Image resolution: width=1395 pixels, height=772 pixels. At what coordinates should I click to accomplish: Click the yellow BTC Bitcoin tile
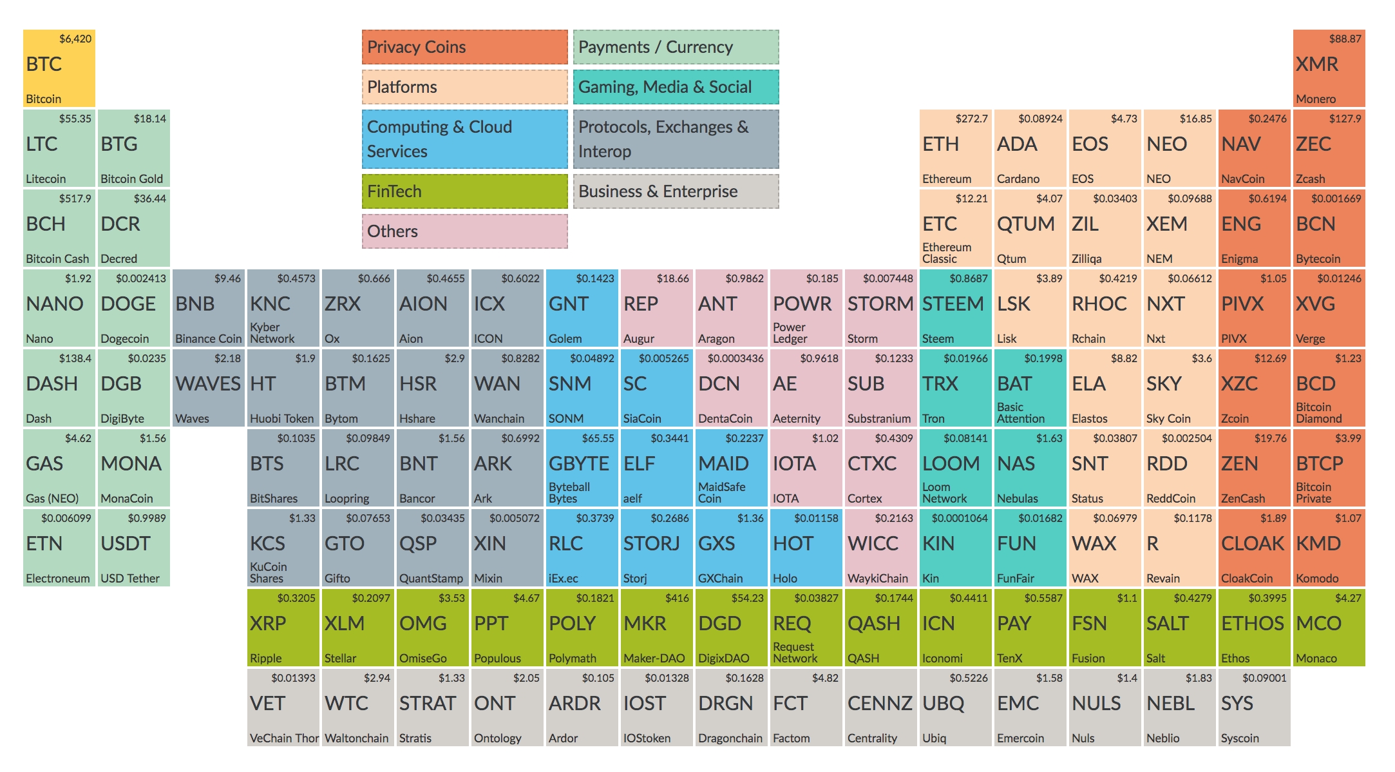[x=59, y=68]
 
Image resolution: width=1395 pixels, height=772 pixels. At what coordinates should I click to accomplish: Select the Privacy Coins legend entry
[x=464, y=47]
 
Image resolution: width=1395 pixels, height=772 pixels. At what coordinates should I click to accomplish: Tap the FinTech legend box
[x=464, y=191]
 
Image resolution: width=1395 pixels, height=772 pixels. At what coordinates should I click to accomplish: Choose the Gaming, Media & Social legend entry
[x=676, y=87]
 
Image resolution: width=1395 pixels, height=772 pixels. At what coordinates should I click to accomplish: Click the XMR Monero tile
[x=1329, y=68]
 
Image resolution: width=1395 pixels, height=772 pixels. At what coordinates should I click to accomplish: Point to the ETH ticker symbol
[x=940, y=144]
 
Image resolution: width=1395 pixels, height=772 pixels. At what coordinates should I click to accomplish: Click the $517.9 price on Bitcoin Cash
[x=75, y=198]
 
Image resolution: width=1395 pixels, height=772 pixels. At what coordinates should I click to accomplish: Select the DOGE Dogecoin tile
[x=134, y=308]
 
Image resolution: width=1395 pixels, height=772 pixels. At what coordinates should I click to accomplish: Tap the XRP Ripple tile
[x=283, y=628]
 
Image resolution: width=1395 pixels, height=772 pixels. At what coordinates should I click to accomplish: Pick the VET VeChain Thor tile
[x=283, y=708]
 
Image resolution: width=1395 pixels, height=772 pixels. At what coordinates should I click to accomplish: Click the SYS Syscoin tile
[x=1254, y=708]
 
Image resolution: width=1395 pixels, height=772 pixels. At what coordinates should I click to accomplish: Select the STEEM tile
[x=956, y=308]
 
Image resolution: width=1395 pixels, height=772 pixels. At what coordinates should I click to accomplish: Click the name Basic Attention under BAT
[x=1021, y=413]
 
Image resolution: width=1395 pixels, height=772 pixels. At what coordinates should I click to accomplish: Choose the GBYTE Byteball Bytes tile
[x=582, y=468]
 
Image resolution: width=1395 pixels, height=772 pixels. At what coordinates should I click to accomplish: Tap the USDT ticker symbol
[x=126, y=544]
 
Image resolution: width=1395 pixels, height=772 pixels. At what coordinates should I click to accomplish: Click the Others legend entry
[x=464, y=231]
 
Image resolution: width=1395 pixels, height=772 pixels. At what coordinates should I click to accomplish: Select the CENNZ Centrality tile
[x=881, y=708]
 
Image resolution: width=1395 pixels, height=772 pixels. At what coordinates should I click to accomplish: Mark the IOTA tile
[x=806, y=468]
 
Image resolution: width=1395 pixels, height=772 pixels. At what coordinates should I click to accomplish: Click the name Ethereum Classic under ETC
[x=947, y=253]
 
